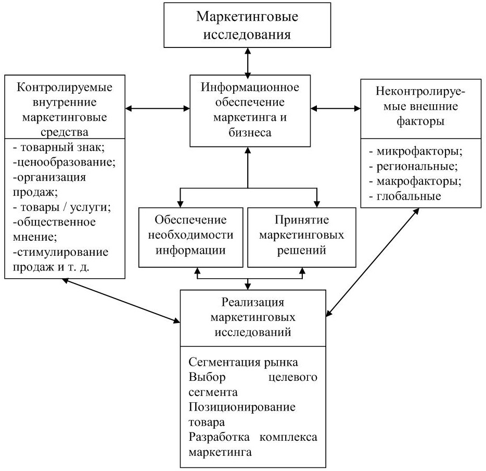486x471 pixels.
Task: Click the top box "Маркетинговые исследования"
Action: (x=247, y=25)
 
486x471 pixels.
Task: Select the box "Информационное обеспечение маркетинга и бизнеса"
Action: (x=250, y=111)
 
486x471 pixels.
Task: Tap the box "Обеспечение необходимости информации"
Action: (x=190, y=238)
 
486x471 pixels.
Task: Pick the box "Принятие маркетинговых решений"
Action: (x=302, y=238)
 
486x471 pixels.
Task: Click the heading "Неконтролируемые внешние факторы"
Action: (x=420, y=106)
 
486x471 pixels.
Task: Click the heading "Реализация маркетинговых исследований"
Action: (x=253, y=317)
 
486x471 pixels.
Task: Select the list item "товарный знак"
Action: (x=59, y=147)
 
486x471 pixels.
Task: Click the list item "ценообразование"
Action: (x=64, y=162)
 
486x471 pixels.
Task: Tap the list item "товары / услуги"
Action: (x=62, y=207)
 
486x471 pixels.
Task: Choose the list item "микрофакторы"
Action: (x=416, y=152)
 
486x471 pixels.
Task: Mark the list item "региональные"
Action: (x=414, y=167)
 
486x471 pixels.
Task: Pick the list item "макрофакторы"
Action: (x=415, y=181)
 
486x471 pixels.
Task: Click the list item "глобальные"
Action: (x=405, y=196)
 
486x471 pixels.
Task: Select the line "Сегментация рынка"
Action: (x=244, y=362)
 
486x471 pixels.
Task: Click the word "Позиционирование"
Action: (x=242, y=407)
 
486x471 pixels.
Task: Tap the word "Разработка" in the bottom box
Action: (x=219, y=437)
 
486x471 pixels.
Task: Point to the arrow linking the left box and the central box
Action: (x=158, y=108)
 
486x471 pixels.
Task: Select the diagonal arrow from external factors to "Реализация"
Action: (x=373, y=262)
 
